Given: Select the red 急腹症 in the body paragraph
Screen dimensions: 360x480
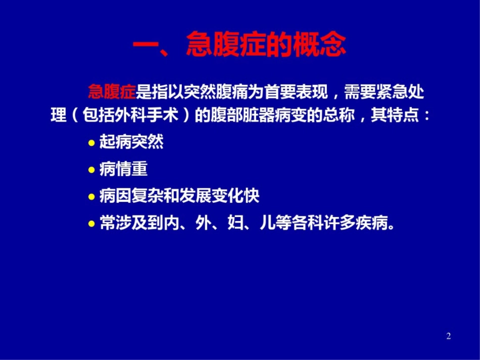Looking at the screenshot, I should pyautogui.click(x=112, y=92).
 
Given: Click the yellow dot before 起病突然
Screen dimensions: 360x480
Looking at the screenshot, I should pyautogui.click(x=91, y=143).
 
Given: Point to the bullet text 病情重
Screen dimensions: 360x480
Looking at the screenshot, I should pyautogui.click(x=123, y=169).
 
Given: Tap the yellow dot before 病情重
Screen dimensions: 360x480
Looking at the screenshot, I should pyautogui.click(x=91, y=170).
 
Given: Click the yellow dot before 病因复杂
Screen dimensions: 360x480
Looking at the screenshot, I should pyautogui.click(x=91, y=197).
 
